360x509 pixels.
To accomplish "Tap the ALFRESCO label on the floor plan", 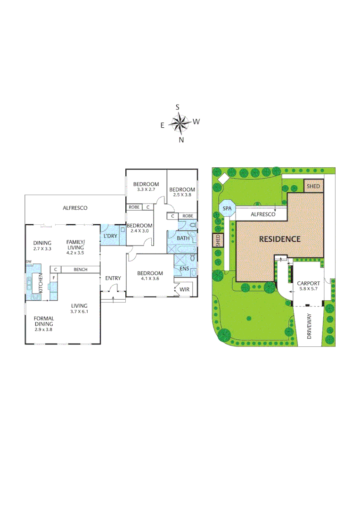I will click(75, 208).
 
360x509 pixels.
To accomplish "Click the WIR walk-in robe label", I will click(184, 289).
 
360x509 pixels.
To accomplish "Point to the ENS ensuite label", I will click(184, 269).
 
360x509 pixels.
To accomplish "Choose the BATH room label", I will click(183, 238).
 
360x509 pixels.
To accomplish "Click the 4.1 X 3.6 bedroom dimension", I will click(150, 279).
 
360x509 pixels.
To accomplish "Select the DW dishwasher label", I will click(29, 262).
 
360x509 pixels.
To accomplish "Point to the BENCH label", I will click(81, 270).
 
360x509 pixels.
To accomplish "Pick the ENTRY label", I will click(113, 278).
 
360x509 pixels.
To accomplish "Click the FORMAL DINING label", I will click(43, 321).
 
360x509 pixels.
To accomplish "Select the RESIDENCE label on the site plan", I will click(280, 239).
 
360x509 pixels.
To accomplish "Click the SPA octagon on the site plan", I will click(227, 208).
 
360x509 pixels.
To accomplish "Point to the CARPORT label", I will click(309, 283).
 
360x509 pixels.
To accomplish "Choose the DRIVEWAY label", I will click(310, 328).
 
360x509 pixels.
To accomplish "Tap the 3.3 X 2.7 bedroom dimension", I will click(146, 189).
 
